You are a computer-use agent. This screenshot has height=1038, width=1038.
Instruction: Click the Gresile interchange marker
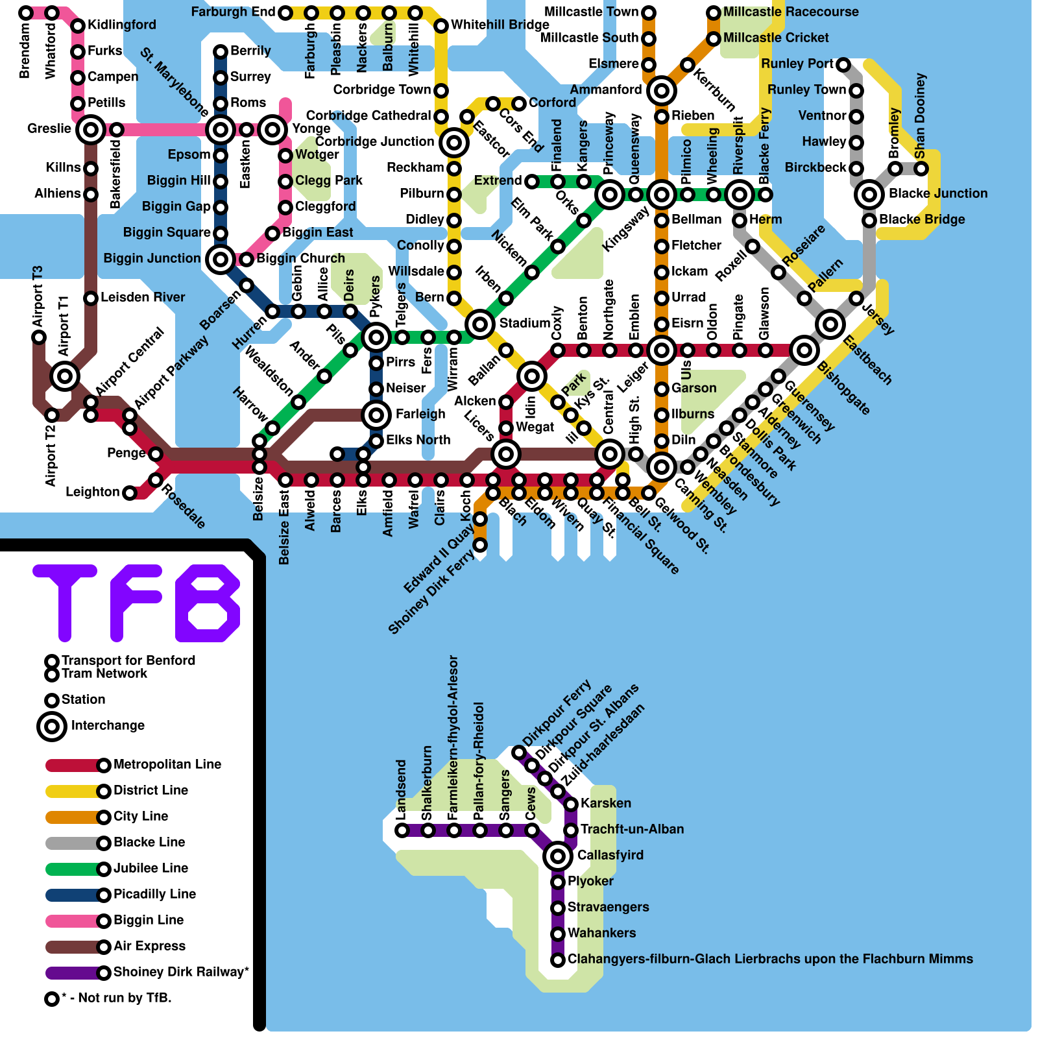[x=91, y=130]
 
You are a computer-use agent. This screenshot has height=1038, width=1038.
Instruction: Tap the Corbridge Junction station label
[x=374, y=142]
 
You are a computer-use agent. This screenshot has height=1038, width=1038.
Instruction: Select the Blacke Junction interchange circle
[x=869, y=194]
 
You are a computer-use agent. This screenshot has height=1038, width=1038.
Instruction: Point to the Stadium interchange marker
[x=480, y=324]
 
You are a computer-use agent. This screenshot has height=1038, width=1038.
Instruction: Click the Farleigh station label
[x=420, y=415]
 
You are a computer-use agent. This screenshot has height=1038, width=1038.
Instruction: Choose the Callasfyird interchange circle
[x=558, y=856]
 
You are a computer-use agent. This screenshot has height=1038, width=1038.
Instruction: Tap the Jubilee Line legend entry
[x=151, y=869]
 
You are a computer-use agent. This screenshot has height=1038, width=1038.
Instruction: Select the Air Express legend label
[x=149, y=947]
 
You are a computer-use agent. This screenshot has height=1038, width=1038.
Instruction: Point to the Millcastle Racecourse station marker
[x=714, y=13]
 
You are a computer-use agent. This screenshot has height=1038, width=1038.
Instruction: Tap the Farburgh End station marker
[x=285, y=13]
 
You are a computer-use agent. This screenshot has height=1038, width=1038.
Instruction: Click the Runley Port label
[x=797, y=64]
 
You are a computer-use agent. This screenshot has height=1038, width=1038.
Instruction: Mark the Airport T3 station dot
[x=39, y=337]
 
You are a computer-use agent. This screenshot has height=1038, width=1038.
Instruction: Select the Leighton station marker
[x=130, y=493]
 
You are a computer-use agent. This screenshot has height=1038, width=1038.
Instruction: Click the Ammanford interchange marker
[x=662, y=91]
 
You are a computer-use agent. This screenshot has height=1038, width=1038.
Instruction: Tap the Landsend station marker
[x=402, y=830]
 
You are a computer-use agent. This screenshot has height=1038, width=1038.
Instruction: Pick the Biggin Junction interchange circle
[x=221, y=259]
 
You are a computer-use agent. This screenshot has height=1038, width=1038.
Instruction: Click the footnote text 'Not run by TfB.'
[x=117, y=998]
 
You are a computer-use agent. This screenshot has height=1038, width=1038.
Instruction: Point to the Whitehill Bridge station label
[x=500, y=25]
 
